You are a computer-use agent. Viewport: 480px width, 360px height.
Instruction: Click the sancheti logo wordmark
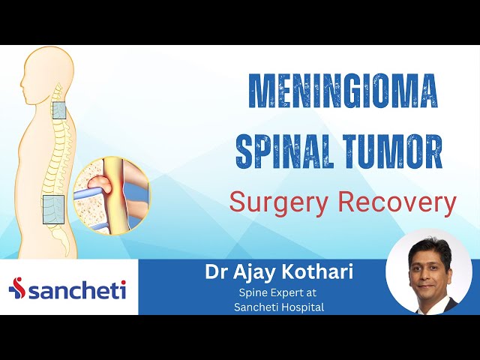click(x=77, y=289)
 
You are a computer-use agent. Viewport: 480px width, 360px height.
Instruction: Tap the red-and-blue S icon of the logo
click(x=17, y=289)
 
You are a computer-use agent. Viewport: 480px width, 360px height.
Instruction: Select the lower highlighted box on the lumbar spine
click(x=52, y=210)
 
